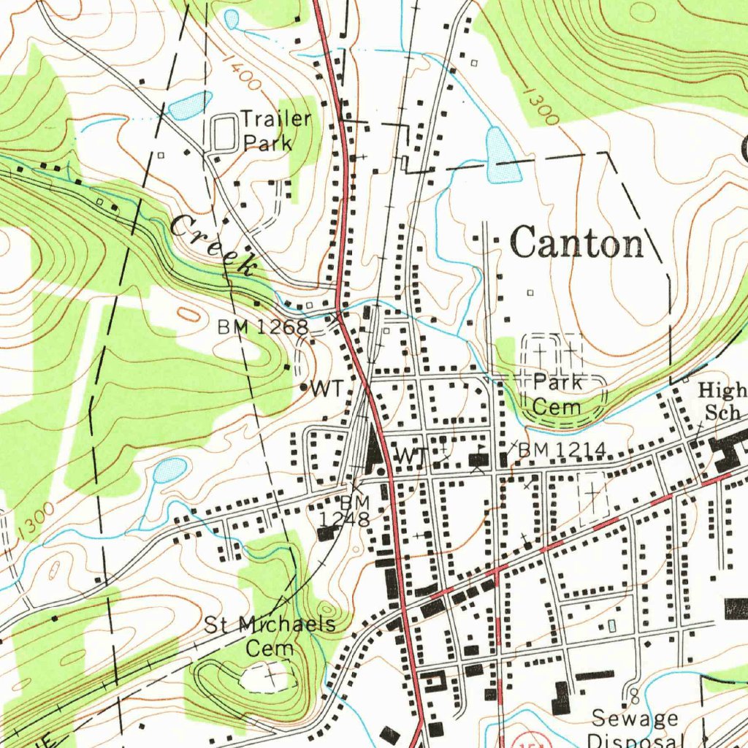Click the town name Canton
point(577,243)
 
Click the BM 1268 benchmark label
point(262,327)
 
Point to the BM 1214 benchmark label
point(561,451)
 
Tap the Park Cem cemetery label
point(557,394)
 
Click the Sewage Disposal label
point(634,728)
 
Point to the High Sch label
point(722,400)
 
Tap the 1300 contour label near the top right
point(541,107)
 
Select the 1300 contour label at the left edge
point(32,520)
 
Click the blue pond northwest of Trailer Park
point(189,105)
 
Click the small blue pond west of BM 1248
point(169,469)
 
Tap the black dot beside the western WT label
point(303,386)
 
